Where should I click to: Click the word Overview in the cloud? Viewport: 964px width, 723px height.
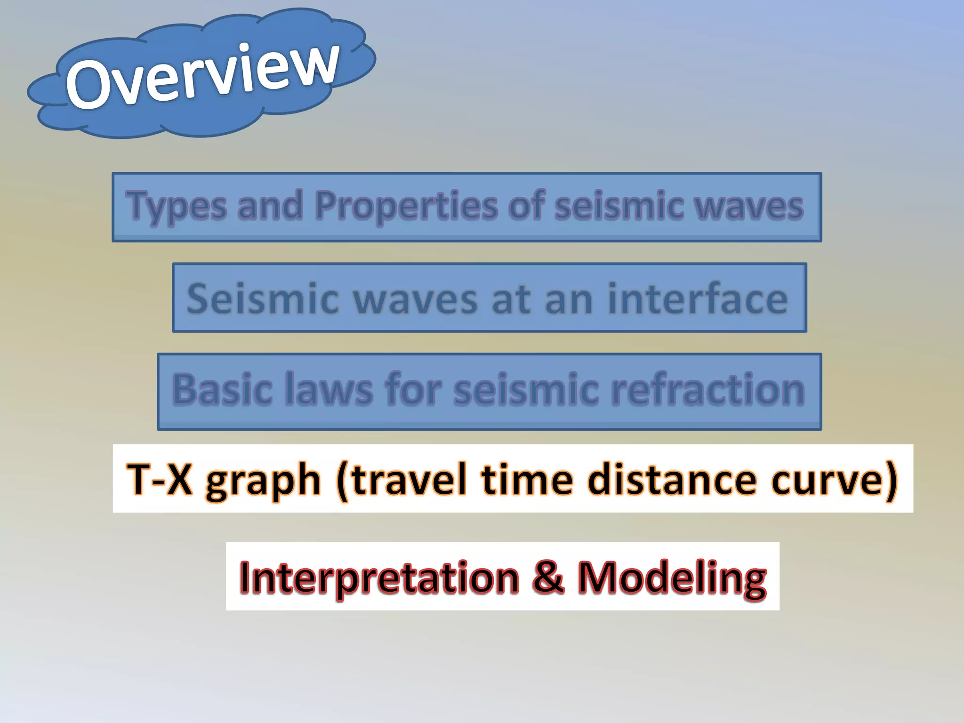[202, 75]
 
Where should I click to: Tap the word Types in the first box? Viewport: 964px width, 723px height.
[177, 206]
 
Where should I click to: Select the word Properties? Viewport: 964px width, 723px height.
[406, 206]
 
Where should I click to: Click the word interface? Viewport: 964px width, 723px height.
[698, 298]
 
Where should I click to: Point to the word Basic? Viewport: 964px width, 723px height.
[222, 390]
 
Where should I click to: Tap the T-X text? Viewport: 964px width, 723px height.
[160, 479]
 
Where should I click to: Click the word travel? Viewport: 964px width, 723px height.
[410, 479]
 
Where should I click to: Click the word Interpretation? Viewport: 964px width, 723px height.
[379, 578]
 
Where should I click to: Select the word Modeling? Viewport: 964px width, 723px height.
[672, 578]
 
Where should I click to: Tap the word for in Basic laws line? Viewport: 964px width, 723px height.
[414, 389]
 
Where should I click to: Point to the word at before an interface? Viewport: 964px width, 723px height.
[512, 299]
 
